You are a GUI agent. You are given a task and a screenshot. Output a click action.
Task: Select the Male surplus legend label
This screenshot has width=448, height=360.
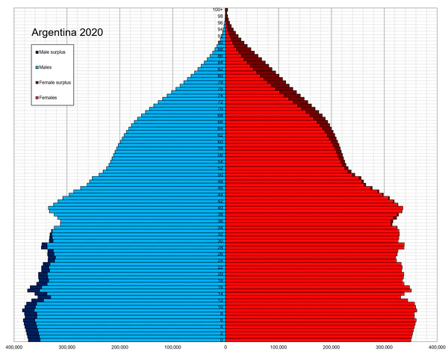55,52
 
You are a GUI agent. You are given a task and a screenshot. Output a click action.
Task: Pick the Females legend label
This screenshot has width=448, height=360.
49,98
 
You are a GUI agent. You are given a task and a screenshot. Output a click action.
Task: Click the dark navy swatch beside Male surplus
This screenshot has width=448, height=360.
37,52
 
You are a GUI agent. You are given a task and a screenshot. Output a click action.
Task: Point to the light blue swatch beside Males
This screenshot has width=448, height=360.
37,67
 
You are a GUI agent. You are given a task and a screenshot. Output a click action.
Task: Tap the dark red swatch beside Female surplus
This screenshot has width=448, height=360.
37,82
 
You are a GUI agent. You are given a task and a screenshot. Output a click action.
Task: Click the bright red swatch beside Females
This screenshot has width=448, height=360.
37,98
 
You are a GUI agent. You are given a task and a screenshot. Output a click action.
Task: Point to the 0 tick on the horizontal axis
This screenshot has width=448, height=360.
225,347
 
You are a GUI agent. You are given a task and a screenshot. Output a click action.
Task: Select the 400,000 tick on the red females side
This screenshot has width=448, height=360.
438,347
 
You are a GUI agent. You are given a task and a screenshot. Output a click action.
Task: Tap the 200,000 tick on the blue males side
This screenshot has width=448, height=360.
119,347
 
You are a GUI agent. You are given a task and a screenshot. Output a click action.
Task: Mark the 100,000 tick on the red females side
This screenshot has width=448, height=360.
279,347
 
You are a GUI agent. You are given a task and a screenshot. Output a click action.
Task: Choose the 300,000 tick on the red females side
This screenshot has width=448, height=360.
385,347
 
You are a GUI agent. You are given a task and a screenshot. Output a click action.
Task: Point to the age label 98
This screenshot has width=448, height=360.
220,16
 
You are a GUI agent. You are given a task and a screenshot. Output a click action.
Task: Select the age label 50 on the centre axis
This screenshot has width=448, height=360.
220,175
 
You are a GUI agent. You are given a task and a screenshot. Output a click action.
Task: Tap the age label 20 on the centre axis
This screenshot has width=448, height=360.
220,274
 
